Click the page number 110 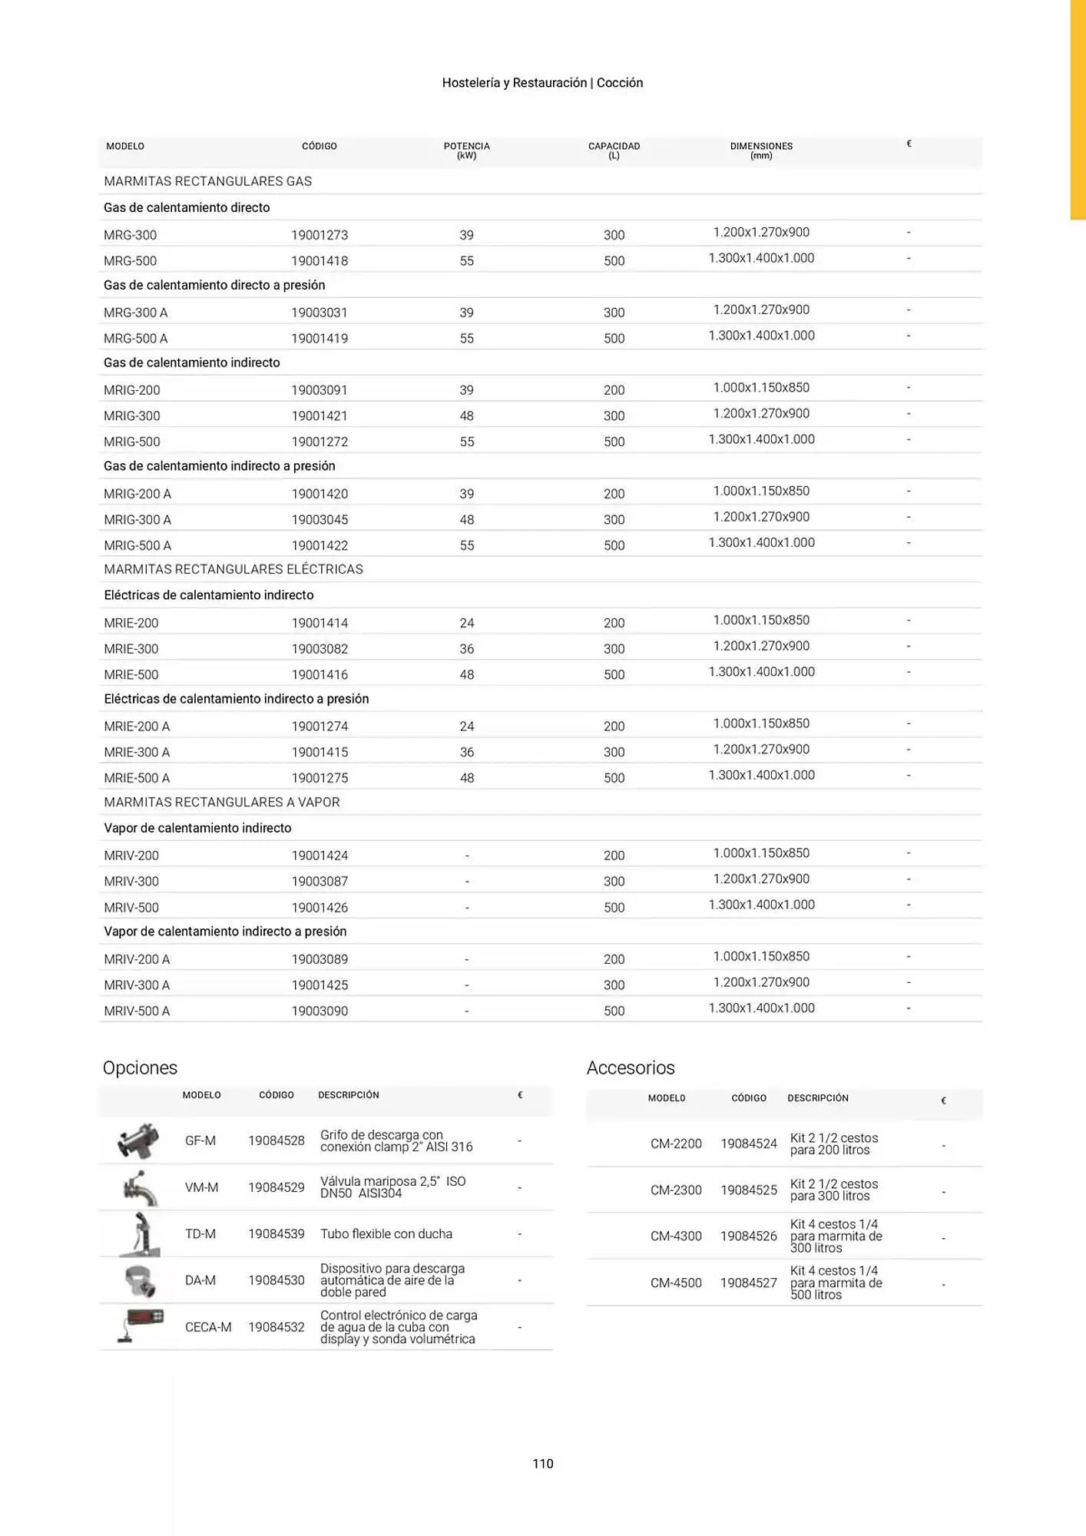tap(542, 1463)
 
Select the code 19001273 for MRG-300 tap(320, 235)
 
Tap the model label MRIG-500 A tap(137, 545)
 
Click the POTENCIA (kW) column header tap(466, 150)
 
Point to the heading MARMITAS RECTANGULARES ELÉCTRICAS tap(233, 569)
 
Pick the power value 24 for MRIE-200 tap(466, 623)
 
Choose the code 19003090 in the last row tap(320, 1011)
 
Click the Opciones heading tap(140, 1068)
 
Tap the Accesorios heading tap(631, 1068)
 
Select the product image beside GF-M tap(139, 1140)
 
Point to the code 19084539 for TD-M tap(276, 1233)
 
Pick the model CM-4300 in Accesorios tap(676, 1236)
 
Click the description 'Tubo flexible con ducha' tap(386, 1233)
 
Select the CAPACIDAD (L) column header tap(614, 150)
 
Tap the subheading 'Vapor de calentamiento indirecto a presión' tap(225, 932)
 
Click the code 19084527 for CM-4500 tap(749, 1283)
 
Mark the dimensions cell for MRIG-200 tap(761, 388)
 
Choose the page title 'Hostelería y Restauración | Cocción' tap(542, 83)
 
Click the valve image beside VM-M tap(139, 1187)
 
